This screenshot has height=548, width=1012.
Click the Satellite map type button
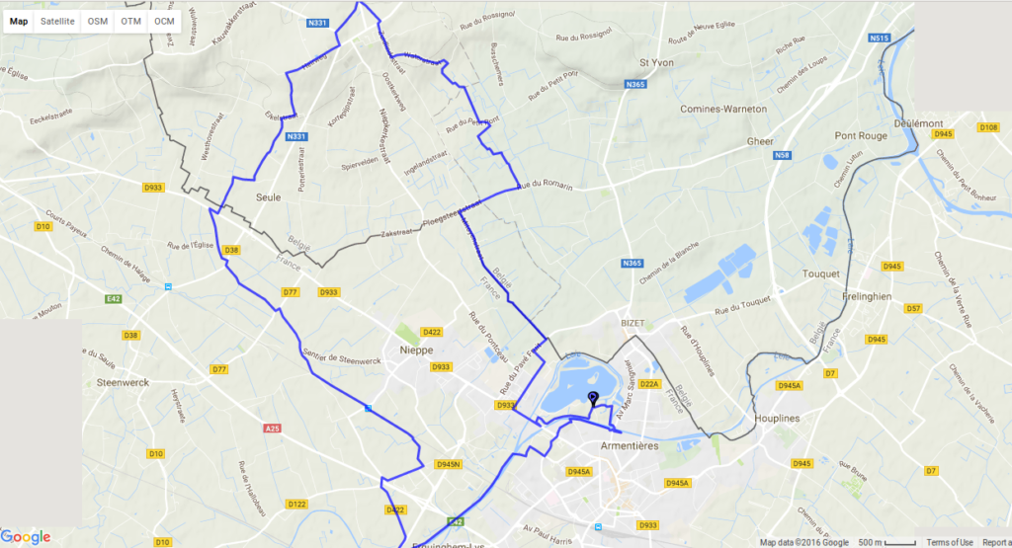pos(57,21)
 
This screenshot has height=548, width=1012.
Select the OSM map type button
pos(98,21)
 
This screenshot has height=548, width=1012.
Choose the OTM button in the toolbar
pos(131,21)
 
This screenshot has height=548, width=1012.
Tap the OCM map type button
pos(164,21)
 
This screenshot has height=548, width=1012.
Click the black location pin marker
pos(593,400)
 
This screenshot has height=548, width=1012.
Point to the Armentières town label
pos(630,446)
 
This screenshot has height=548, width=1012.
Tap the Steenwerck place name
pos(124,352)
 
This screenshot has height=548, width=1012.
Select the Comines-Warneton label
pos(722,109)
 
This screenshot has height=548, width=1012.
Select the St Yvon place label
pos(656,62)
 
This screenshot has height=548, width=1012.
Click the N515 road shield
pos(880,38)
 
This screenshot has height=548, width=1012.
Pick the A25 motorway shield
pos(273,429)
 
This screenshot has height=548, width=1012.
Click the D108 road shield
pos(987,127)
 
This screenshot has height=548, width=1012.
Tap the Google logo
pos(27,537)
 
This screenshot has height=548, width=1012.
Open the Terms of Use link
pos(948,542)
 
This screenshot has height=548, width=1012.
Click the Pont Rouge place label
pos(861,135)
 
